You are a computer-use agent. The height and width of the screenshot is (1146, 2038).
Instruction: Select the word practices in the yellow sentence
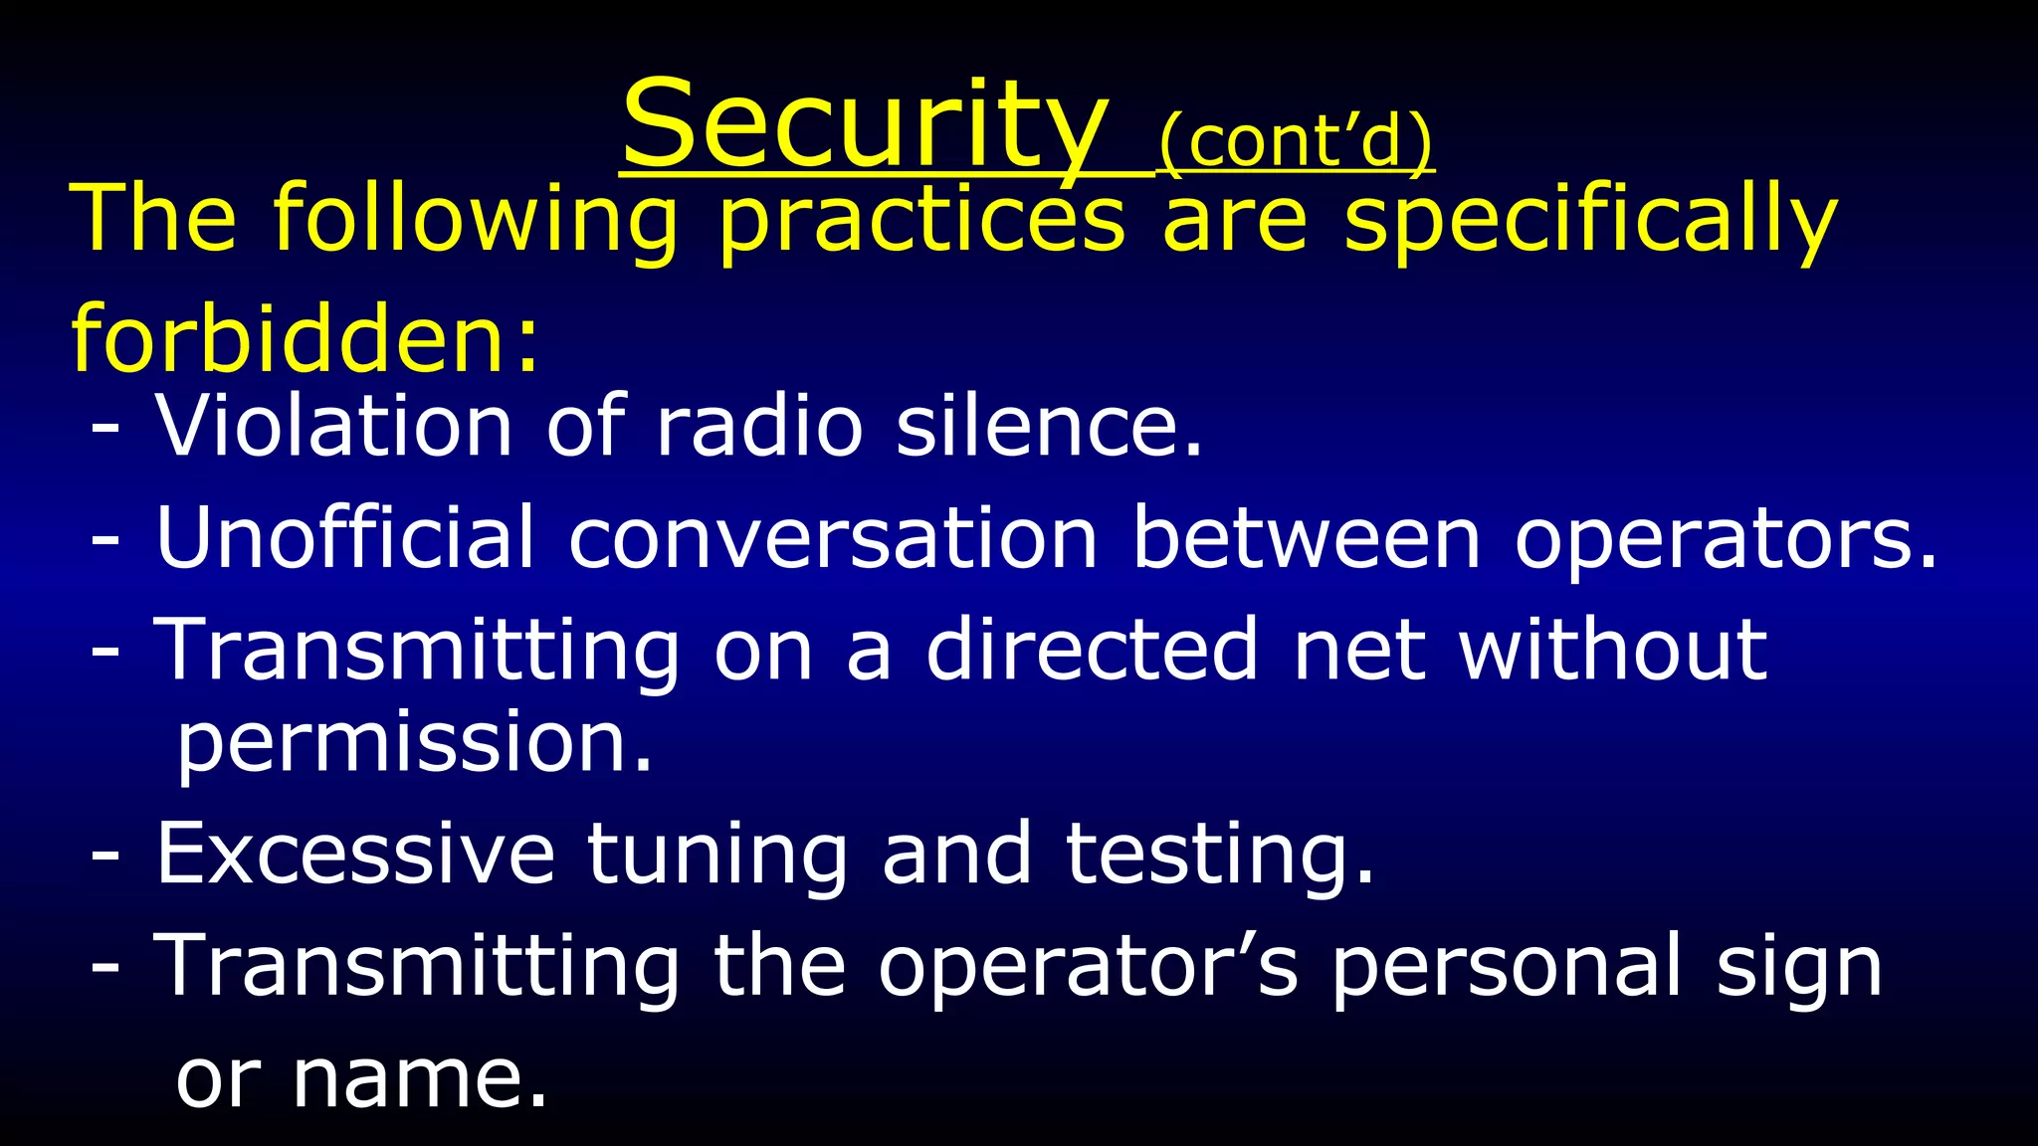point(921,221)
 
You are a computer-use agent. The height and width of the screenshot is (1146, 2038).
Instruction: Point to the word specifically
point(1589,221)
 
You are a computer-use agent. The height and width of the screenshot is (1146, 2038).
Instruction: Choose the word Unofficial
point(345,538)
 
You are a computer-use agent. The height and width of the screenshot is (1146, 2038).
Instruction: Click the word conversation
point(833,538)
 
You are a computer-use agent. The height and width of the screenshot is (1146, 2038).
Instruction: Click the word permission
point(414,744)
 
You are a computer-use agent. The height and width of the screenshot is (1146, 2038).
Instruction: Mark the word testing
point(1220,855)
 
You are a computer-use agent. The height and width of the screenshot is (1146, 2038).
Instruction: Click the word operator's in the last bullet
point(1088,967)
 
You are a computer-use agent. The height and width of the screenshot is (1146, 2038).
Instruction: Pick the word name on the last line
point(419,1078)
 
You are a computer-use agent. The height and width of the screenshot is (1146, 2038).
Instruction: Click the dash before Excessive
point(105,856)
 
